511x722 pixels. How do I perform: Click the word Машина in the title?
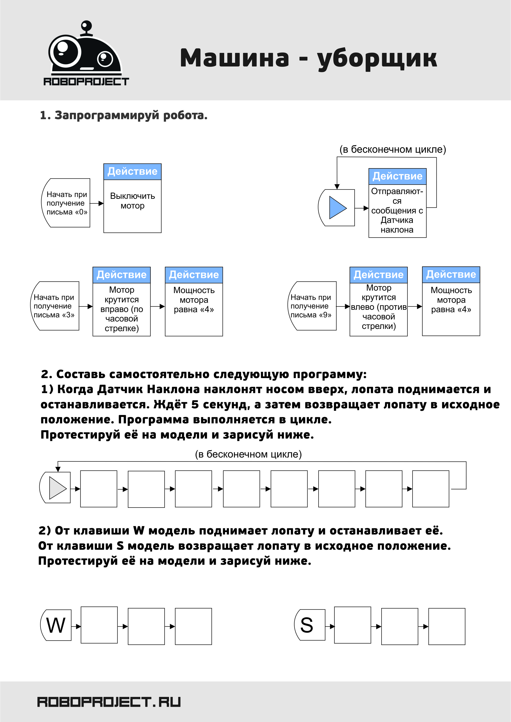click(x=234, y=58)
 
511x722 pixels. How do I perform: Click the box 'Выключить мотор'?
click(x=132, y=198)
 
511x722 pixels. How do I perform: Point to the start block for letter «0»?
click(x=66, y=203)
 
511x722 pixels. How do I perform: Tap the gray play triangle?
click(x=58, y=488)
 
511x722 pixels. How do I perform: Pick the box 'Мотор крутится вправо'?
click(x=121, y=302)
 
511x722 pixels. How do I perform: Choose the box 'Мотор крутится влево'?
click(x=379, y=302)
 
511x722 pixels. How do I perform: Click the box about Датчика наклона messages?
click(x=397, y=203)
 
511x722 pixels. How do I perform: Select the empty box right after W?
click(x=99, y=625)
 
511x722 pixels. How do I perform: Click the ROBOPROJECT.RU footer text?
click(x=109, y=702)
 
